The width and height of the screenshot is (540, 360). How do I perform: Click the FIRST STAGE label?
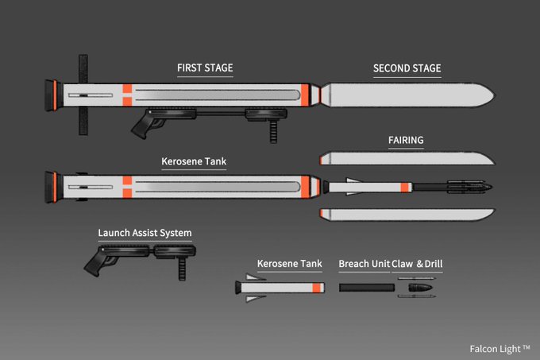[205, 68]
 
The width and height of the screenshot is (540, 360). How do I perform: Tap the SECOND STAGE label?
[407, 68]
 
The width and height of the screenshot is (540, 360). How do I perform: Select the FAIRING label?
[406, 141]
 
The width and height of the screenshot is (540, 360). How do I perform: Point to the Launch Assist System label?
[145, 233]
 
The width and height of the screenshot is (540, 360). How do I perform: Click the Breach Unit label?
[364, 264]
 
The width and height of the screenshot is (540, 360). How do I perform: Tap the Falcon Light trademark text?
[499, 348]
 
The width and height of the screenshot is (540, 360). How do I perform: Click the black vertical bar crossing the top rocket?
[81, 95]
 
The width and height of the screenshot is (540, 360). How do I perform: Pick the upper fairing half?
[405, 157]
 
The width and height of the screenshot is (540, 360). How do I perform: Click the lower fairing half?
[405, 214]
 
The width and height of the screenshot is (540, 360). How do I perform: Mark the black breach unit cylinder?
[364, 287]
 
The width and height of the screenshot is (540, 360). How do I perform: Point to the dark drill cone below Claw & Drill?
[421, 287]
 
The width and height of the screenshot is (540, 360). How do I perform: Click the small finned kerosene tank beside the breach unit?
[281, 287]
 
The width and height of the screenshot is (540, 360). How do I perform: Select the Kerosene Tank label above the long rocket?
[194, 162]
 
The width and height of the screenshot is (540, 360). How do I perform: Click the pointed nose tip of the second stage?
[494, 95]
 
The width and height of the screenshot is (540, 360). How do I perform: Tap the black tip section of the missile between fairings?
[469, 187]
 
